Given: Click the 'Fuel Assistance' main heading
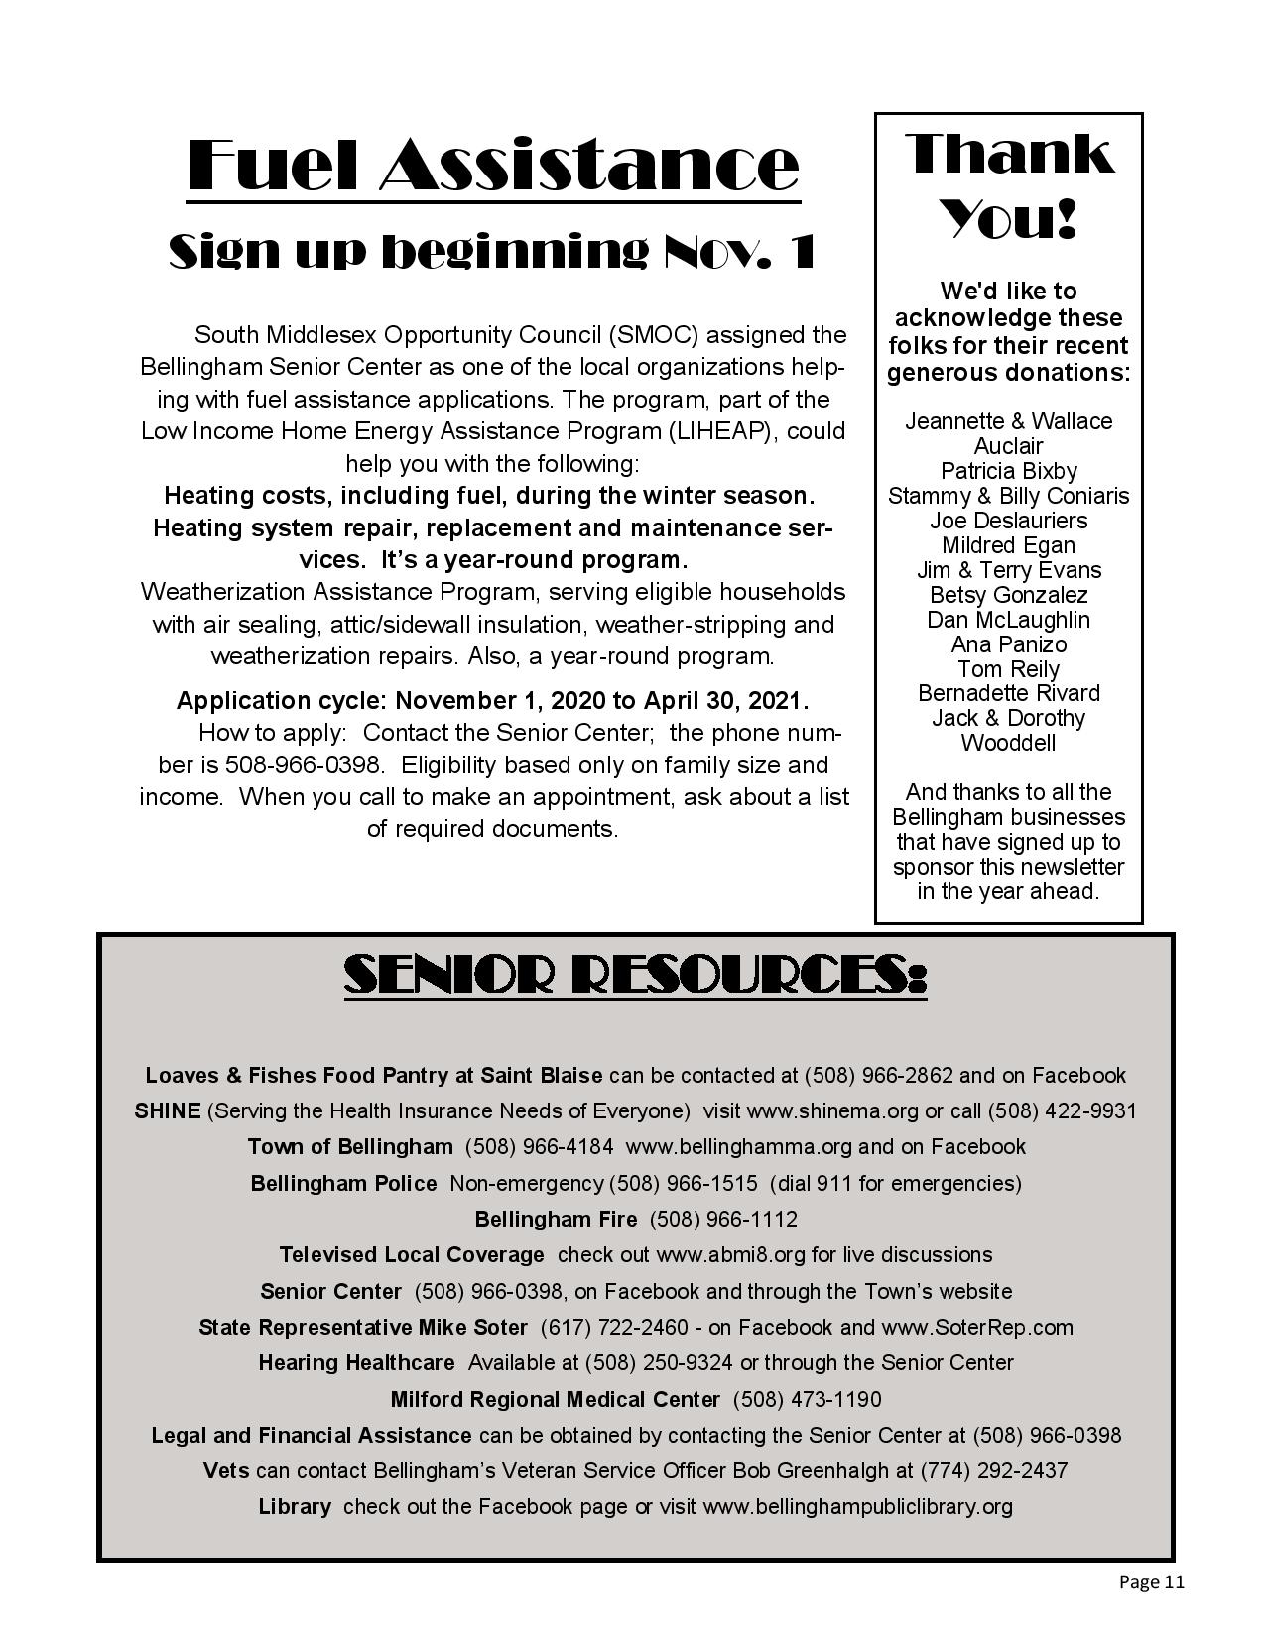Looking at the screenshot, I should [493, 165].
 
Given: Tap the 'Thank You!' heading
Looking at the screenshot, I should [1008, 184].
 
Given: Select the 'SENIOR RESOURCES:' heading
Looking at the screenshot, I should [635, 976].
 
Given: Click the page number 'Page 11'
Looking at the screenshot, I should [1151, 1581].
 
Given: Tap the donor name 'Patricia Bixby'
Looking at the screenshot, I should [1008, 471].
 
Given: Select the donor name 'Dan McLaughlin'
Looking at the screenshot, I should [1008, 620].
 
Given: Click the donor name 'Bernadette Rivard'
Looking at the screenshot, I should [1008, 693].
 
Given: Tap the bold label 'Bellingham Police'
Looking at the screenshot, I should [343, 1183].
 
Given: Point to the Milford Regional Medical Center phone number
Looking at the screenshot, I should [807, 1399].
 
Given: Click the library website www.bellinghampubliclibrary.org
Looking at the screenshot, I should [857, 1507].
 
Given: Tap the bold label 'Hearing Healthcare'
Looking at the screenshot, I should [356, 1363].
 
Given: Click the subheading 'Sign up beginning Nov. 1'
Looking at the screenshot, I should [493, 252].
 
